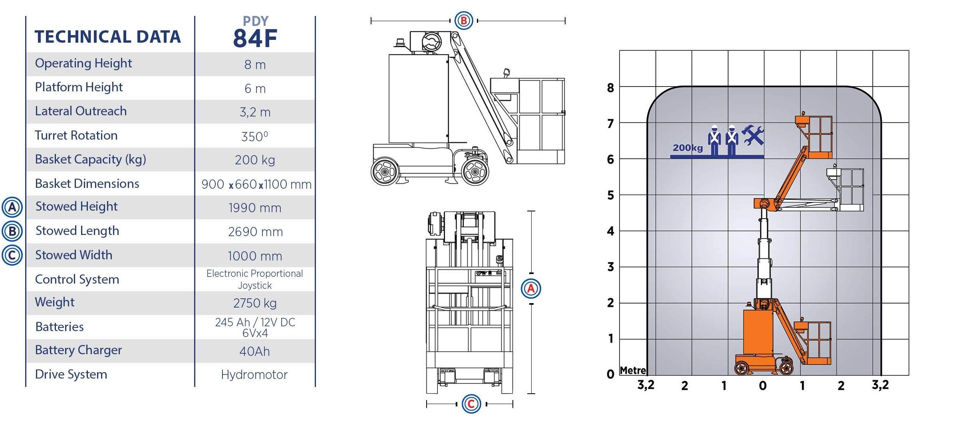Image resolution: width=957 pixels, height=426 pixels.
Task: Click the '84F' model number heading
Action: pyautogui.click(x=255, y=38)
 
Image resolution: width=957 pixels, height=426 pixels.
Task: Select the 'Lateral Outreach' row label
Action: pyautogui.click(x=81, y=111)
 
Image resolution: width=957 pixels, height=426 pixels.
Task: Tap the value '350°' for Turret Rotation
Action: pyautogui.click(x=255, y=136)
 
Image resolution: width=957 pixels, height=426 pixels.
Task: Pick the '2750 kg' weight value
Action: pyautogui.click(x=255, y=303)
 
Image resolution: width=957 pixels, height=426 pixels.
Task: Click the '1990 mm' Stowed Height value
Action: pyautogui.click(x=255, y=208)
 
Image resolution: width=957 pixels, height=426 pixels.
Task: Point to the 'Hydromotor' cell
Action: pyautogui.click(x=254, y=375)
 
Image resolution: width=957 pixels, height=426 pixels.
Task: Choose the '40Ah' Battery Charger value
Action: pyautogui.click(x=255, y=351)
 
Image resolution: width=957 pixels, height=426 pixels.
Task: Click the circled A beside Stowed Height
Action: pyautogui.click(x=12, y=207)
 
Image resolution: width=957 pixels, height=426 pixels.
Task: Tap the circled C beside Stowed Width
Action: pyautogui.click(x=12, y=255)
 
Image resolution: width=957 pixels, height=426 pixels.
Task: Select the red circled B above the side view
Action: pyautogui.click(x=464, y=20)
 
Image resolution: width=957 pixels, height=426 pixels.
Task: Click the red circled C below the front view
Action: pyautogui.click(x=471, y=404)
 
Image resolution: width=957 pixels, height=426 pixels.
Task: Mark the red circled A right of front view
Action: pyautogui.click(x=531, y=288)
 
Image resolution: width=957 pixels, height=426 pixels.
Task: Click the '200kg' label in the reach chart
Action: pyautogui.click(x=688, y=148)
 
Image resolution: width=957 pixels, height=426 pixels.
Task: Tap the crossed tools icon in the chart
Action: pyautogui.click(x=752, y=135)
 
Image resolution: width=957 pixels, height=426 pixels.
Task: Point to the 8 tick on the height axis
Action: pyautogui.click(x=610, y=88)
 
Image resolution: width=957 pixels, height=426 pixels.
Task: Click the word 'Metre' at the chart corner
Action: pyautogui.click(x=633, y=371)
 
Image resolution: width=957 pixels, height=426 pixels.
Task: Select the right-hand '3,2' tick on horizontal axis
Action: pyautogui.click(x=880, y=385)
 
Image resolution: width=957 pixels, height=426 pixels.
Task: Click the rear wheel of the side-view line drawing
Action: pyautogui.click(x=385, y=172)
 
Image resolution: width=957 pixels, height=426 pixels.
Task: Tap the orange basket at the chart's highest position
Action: pyautogui.click(x=815, y=137)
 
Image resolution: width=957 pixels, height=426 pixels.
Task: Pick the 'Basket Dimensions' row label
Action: pyautogui.click(x=87, y=183)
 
